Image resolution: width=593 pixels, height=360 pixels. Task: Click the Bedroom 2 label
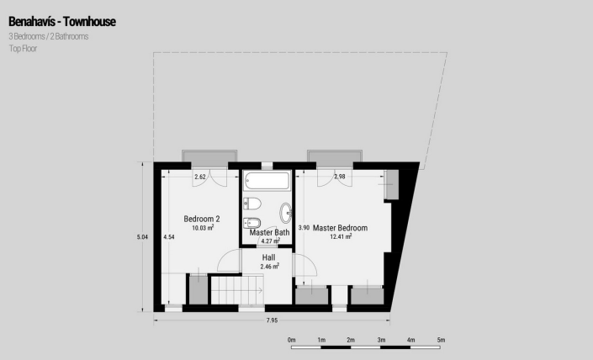click(x=202, y=219)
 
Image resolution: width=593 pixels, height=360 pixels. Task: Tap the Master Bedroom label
click(x=340, y=227)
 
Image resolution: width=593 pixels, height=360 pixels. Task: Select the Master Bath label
click(x=269, y=232)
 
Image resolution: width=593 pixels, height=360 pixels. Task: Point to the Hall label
click(x=268, y=257)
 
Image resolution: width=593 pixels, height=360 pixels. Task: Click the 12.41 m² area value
click(x=340, y=236)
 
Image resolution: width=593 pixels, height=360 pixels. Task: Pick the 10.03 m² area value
click(x=202, y=228)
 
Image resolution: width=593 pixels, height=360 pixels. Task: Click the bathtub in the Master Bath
click(x=267, y=182)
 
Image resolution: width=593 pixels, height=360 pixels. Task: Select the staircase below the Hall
click(x=237, y=290)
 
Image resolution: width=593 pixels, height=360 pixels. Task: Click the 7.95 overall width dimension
click(x=271, y=320)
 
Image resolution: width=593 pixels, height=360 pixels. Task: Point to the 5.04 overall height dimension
click(x=142, y=237)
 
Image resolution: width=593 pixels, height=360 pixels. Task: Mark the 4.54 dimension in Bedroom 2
click(x=169, y=237)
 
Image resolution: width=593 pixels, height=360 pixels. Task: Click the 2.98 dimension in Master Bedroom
click(x=340, y=177)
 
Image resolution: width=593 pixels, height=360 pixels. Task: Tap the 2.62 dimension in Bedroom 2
click(x=200, y=177)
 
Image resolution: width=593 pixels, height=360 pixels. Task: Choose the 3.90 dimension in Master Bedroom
click(x=304, y=227)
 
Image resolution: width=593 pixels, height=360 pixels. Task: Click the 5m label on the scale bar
click(x=440, y=339)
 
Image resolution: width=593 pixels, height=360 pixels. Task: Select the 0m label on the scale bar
click(x=292, y=339)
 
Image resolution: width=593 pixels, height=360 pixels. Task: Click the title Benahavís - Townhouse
click(x=62, y=20)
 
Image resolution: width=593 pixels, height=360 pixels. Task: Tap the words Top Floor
click(x=23, y=49)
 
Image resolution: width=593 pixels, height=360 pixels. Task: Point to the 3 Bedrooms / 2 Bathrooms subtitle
click(x=48, y=36)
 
